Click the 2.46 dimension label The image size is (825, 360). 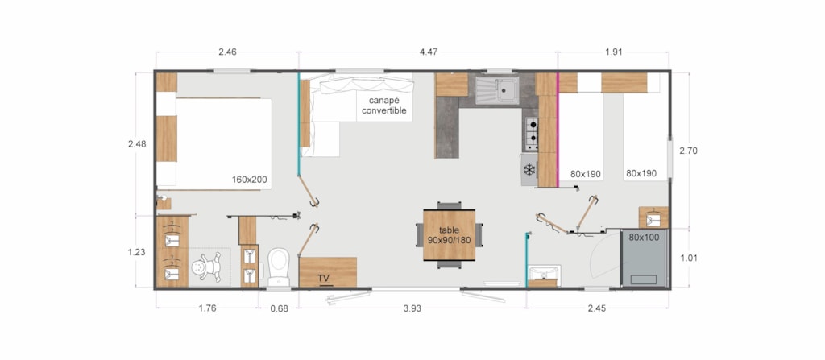(x=227, y=52)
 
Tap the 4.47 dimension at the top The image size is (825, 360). (x=429, y=52)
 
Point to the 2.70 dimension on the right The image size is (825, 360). (x=688, y=151)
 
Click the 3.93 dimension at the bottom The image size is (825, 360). (x=412, y=309)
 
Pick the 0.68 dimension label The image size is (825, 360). (x=279, y=309)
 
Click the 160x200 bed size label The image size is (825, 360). (x=250, y=180)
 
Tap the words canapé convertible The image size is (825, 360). (x=384, y=106)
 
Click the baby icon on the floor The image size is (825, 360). (x=208, y=267)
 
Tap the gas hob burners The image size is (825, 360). (x=532, y=131)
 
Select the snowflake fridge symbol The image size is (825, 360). (x=529, y=169)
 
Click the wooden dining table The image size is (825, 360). (x=450, y=234)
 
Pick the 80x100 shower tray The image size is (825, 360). (x=644, y=258)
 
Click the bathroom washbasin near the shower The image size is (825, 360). (x=544, y=273)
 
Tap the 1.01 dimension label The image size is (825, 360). (x=688, y=258)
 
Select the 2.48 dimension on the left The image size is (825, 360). (x=137, y=143)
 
